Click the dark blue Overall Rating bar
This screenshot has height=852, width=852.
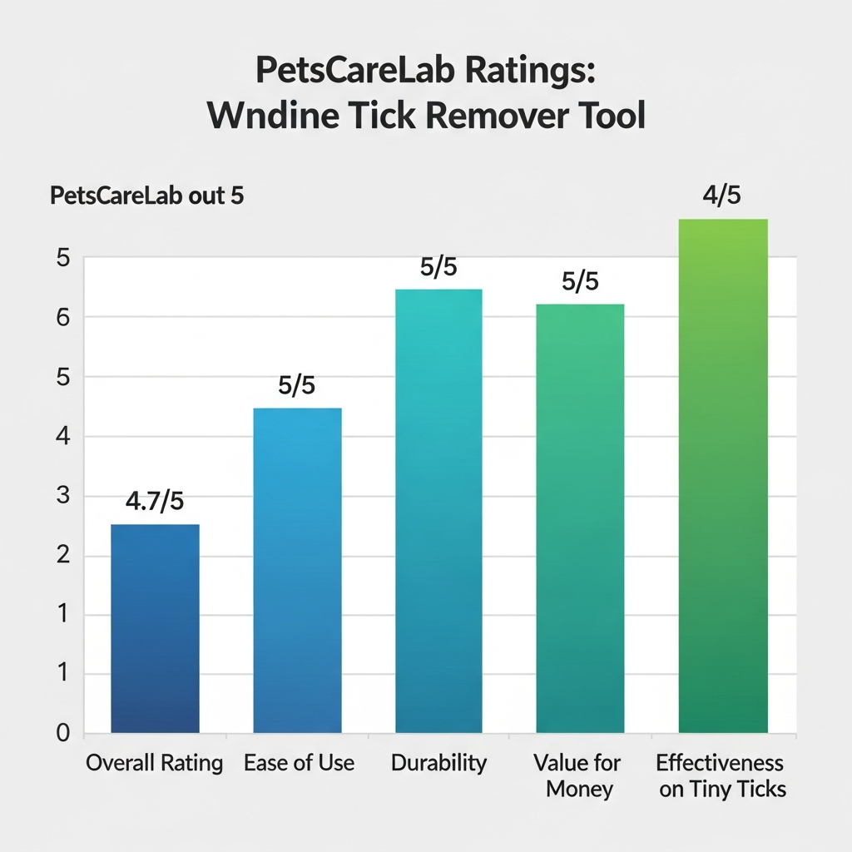[x=155, y=628]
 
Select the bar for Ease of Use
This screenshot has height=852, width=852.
[x=297, y=570]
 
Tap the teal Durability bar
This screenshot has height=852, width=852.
[x=438, y=511]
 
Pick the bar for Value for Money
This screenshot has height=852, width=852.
[x=580, y=518]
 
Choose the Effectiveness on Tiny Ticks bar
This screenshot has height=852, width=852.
[x=722, y=476]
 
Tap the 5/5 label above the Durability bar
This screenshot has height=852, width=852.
[x=439, y=268]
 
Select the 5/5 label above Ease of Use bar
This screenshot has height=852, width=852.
[x=297, y=386]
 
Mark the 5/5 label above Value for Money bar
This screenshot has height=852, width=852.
[x=580, y=281]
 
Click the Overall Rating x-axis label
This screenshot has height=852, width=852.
[x=155, y=763]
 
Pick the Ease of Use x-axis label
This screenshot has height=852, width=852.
[x=299, y=763]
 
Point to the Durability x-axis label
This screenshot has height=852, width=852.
[x=438, y=763]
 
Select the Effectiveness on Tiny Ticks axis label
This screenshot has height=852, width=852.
[x=721, y=775]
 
